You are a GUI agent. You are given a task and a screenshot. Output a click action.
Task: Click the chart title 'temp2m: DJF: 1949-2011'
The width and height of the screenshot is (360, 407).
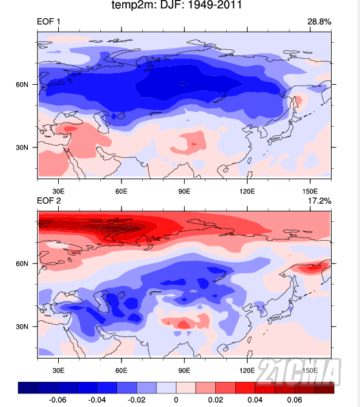click(x=176, y=5)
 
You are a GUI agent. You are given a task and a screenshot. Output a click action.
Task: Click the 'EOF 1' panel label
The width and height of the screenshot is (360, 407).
click(x=48, y=21)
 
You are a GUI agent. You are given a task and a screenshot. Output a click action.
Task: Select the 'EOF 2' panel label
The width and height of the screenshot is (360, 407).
click(x=49, y=201)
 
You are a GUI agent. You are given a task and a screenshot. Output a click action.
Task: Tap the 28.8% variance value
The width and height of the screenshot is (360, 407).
click(x=319, y=22)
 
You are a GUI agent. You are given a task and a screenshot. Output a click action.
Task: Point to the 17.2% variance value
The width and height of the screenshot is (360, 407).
click(x=319, y=201)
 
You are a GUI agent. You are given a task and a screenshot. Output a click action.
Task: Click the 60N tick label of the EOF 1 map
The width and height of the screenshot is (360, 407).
click(x=22, y=85)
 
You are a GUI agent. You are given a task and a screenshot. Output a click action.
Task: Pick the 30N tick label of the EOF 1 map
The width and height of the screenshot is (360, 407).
click(x=22, y=148)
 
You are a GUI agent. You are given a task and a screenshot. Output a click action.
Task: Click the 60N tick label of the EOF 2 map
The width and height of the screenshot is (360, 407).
click(x=22, y=264)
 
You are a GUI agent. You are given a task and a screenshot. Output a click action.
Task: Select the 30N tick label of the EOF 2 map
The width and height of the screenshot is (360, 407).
click(x=22, y=327)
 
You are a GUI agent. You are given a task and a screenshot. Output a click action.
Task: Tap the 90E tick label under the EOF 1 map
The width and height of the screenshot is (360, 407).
click(x=184, y=192)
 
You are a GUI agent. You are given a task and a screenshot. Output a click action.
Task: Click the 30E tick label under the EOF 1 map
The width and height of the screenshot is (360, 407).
click(x=59, y=192)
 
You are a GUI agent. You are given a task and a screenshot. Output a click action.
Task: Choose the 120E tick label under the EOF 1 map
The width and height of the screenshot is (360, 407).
click(x=247, y=192)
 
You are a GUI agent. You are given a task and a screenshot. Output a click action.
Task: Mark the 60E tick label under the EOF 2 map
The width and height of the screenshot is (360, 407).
click(x=122, y=370)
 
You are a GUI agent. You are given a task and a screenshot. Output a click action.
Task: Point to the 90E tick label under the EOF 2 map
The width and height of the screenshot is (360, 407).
click(x=184, y=370)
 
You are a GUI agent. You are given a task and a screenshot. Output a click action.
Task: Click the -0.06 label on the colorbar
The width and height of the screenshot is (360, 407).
click(x=58, y=400)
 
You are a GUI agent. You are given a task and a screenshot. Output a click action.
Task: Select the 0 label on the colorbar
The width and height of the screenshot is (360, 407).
click(x=176, y=400)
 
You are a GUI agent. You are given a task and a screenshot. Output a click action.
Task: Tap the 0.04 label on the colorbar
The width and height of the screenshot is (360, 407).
click(x=255, y=400)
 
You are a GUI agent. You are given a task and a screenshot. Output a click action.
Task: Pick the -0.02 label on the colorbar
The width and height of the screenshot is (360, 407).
click(x=136, y=400)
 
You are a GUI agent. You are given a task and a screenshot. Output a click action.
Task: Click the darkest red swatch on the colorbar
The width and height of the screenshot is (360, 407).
click(x=324, y=388)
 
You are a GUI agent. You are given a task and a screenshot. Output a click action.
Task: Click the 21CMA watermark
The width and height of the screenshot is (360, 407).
click(x=299, y=371)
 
